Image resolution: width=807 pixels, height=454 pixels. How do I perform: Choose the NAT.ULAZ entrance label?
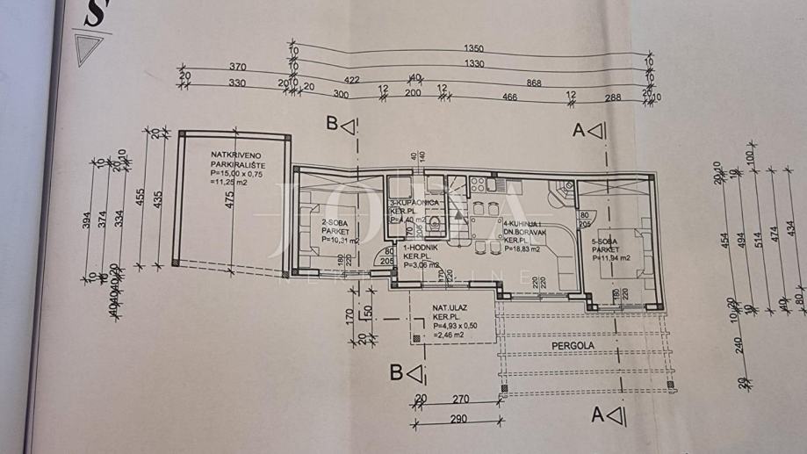coord(450,308)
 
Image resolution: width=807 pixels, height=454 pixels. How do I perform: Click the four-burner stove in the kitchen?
coord(479,185)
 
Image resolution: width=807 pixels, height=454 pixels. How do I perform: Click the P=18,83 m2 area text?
coord(522,249)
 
